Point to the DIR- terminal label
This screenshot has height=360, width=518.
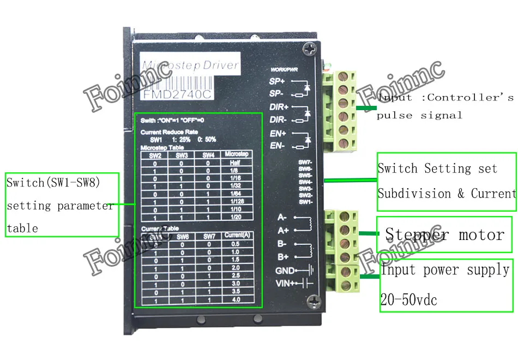pos(278,119)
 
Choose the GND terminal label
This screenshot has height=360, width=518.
pos(285,271)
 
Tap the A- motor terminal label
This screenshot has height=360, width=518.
pos(282,218)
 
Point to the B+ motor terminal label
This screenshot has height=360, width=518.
pos(282,256)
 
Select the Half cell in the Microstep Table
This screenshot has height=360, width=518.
pos(236,163)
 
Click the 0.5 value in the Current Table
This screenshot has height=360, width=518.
pos(235,244)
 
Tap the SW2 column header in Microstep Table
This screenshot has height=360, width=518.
pos(156,155)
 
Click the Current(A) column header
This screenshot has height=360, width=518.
pos(236,236)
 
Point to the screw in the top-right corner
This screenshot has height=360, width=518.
pos(311,50)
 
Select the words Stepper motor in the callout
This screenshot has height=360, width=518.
pos(444,235)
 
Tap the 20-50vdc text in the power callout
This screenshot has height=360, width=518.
pos(408,299)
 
